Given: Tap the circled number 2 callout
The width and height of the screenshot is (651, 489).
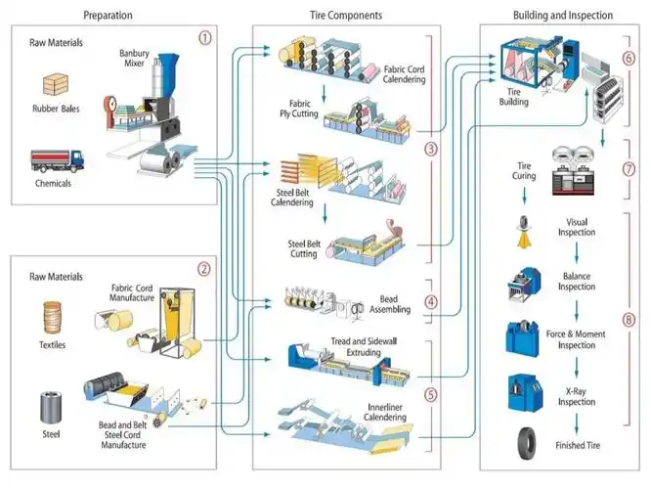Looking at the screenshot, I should tap(204, 268).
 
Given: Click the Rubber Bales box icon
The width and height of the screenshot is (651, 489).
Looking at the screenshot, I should tap(55, 87).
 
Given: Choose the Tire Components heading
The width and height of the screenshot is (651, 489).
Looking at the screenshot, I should tap(339, 16).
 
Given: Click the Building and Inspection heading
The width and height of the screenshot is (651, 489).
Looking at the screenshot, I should tap(562, 16).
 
